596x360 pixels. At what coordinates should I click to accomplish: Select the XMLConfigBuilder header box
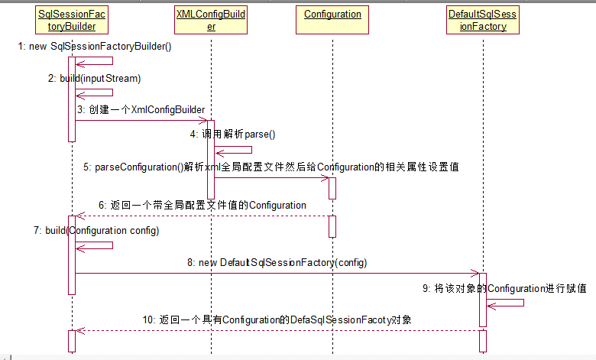coord(211,20)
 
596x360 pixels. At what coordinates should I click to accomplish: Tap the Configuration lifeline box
coord(332,15)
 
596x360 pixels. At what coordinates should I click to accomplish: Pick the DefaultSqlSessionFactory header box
coord(483,20)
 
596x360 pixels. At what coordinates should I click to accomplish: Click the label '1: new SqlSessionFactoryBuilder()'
coord(96,47)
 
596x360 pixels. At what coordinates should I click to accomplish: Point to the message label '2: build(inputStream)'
coord(95,78)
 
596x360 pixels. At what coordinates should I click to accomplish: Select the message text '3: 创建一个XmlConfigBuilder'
coord(141,110)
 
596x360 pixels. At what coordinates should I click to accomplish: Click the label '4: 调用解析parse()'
coord(233,134)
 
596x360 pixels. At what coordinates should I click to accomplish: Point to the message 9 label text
coord(504,288)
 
